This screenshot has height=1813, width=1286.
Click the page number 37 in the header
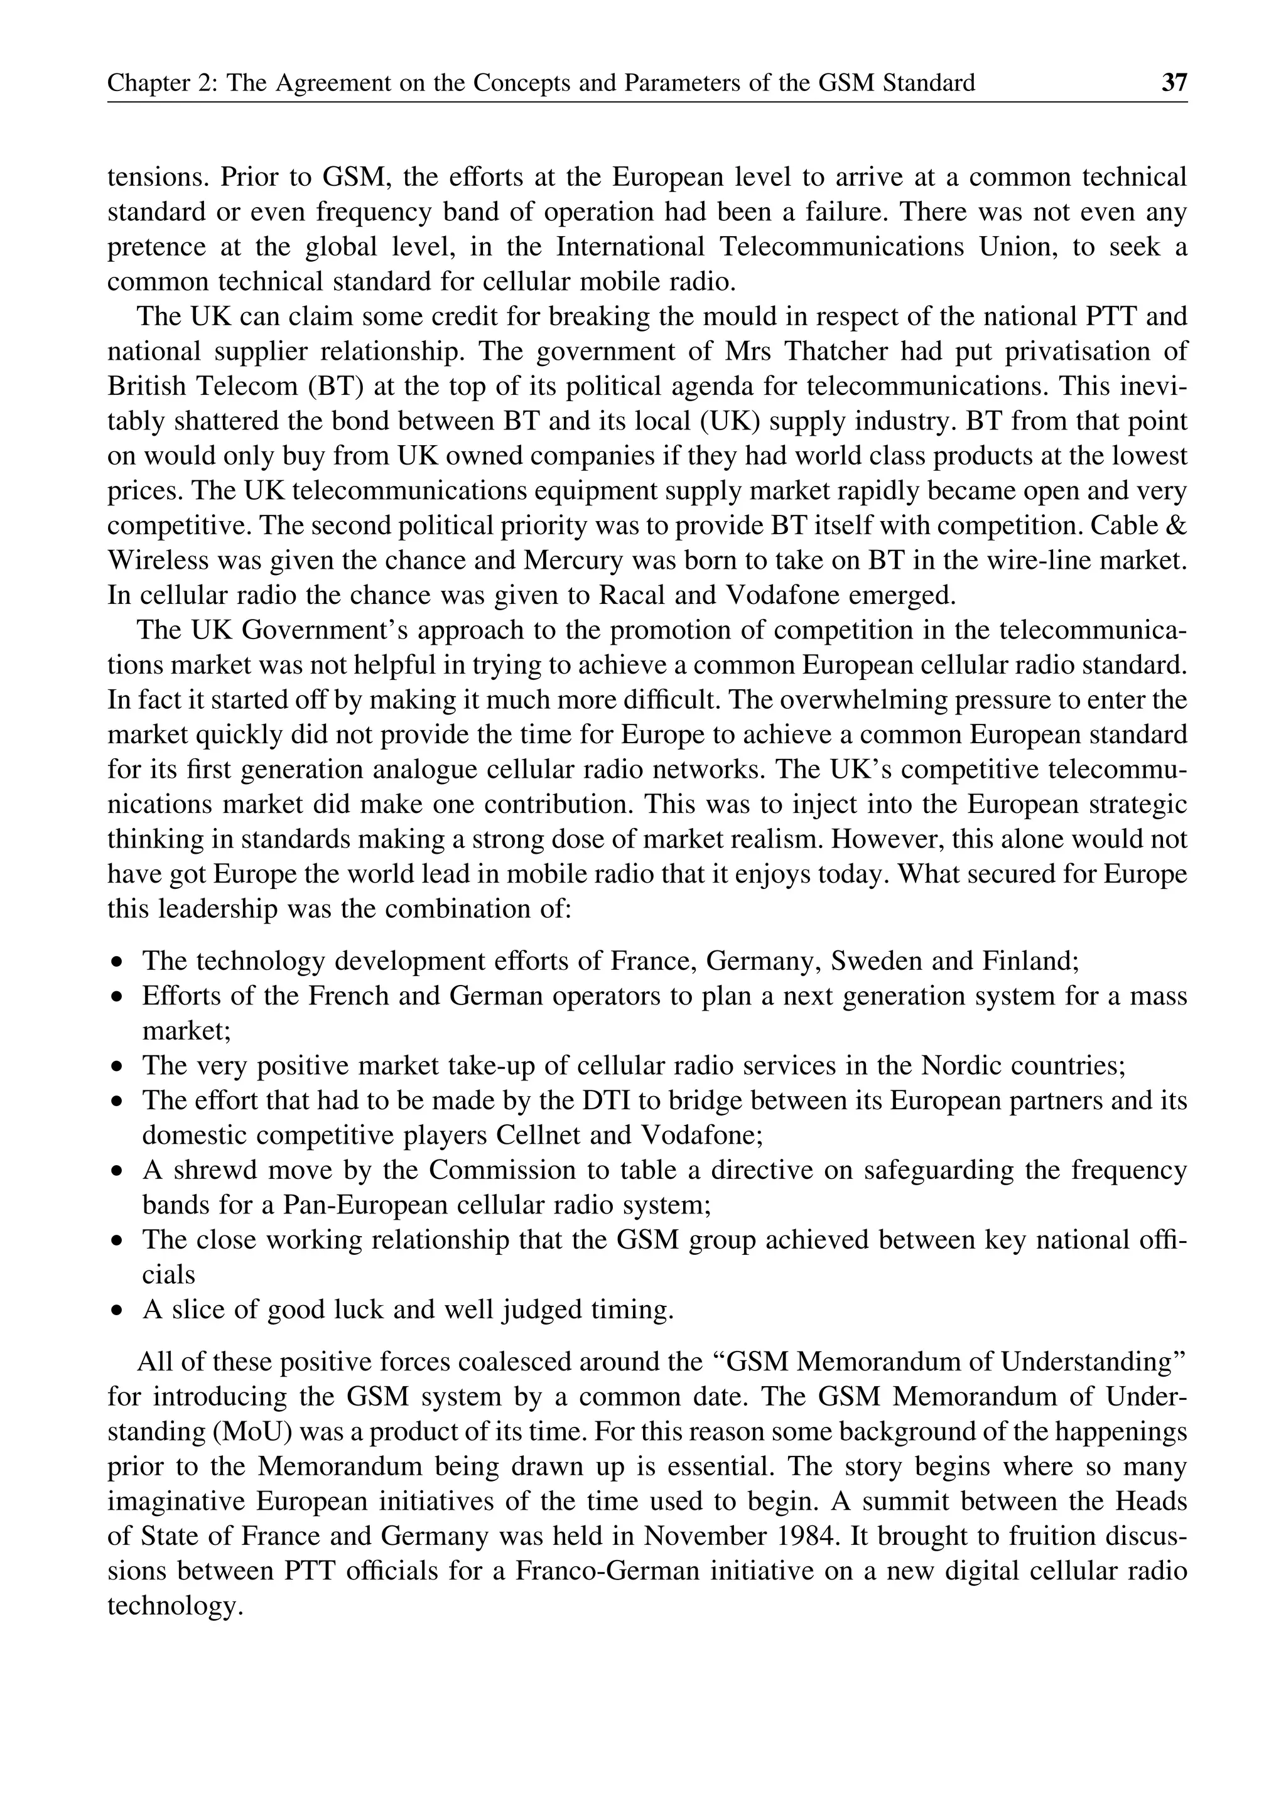[x=1174, y=83]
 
